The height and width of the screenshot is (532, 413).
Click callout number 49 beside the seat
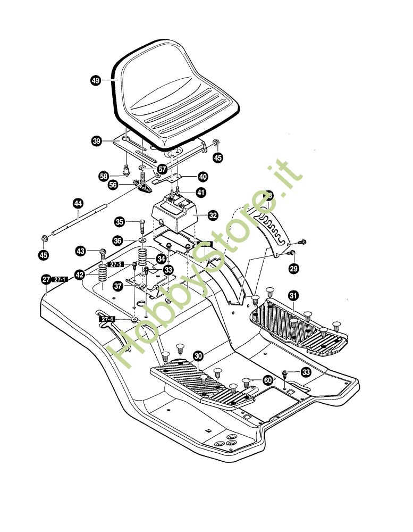point(96,80)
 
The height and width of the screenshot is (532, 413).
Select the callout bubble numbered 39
point(97,141)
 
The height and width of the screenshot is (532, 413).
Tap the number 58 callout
point(104,176)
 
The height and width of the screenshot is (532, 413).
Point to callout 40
point(203,177)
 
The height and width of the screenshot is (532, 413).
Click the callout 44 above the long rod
point(78,203)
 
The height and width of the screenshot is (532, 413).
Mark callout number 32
point(213,215)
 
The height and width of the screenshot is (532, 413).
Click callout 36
point(117,240)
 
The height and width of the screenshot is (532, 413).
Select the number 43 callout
point(80,250)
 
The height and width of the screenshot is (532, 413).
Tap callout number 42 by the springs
point(79,275)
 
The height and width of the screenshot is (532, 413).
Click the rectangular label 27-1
point(60,279)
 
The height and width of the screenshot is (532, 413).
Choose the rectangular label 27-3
point(116,264)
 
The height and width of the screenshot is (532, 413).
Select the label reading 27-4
point(107,319)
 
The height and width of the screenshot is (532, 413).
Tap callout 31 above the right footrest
point(292,295)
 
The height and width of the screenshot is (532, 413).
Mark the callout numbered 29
point(293,270)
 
